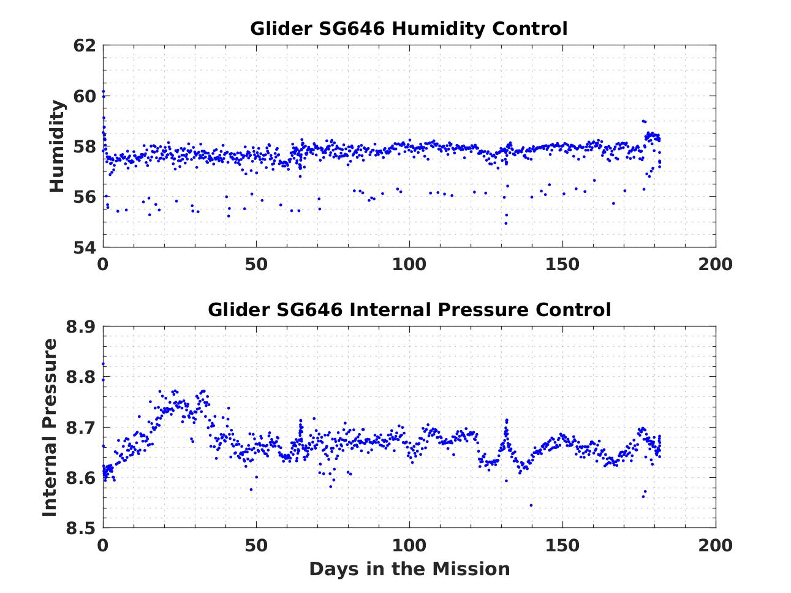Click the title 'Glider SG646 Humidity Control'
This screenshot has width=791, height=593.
[409, 29]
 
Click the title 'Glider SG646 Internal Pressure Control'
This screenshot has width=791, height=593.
[409, 310]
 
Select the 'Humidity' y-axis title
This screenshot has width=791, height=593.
[57, 146]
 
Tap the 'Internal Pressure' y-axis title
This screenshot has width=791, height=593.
[50, 427]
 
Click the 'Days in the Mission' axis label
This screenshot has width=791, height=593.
[409, 569]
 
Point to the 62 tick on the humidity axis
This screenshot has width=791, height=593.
[85, 45]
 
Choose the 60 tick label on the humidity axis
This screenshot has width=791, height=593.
[85, 96]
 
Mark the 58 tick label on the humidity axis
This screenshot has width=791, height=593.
[85, 146]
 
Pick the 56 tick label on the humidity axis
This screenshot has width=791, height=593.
[85, 197]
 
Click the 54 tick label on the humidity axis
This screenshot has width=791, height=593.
[85, 247]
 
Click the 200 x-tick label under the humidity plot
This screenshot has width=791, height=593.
[716, 264]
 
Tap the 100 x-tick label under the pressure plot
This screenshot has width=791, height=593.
[409, 545]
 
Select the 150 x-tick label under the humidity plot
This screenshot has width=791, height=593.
[562, 264]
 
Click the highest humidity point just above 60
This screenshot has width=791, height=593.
[103, 92]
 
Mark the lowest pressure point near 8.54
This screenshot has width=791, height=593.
[531, 505]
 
